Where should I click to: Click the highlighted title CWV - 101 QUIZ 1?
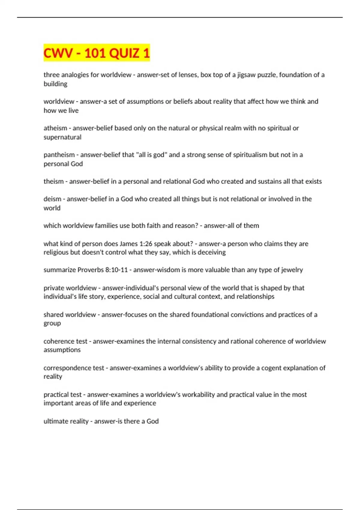(x=96, y=53)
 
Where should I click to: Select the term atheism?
(x=55, y=128)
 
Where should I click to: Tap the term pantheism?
(x=59, y=155)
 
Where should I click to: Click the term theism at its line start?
(x=54, y=181)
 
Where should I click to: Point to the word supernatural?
(x=62, y=137)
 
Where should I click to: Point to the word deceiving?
(x=210, y=252)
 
